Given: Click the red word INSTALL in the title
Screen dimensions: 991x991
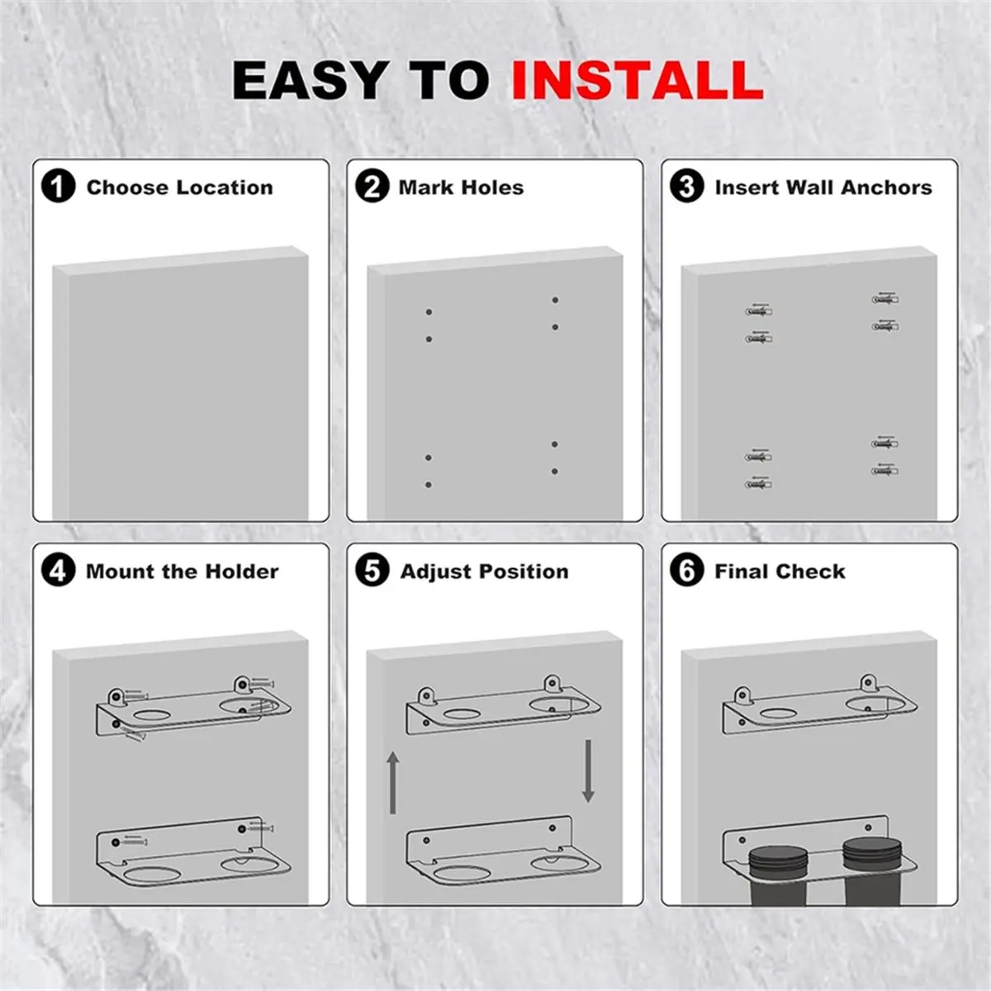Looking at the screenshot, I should [x=637, y=81].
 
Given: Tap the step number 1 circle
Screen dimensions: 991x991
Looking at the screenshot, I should [x=58, y=187].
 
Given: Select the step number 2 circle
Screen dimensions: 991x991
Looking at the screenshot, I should [x=372, y=187].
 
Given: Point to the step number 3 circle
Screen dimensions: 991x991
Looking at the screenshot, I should [x=686, y=187].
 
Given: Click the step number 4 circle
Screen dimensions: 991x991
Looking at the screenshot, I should [x=58, y=571].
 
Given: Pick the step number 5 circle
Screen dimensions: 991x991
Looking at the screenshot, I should [x=372, y=571].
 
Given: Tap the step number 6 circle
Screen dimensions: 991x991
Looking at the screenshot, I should [x=686, y=571].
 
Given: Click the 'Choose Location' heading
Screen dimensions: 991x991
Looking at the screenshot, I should [x=179, y=187].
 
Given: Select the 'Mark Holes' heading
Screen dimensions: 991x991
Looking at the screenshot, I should [x=461, y=187].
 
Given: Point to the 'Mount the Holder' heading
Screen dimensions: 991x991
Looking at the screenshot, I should [x=182, y=571].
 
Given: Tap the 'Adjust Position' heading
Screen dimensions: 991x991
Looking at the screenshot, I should [x=484, y=571].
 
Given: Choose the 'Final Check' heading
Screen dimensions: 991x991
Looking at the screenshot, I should [x=780, y=571].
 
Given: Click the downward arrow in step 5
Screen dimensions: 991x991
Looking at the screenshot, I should [x=588, y=771].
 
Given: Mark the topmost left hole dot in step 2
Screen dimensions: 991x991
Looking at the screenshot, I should [x=429, y=312].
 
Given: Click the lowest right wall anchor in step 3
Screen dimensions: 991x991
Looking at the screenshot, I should [x=884, y=471].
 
